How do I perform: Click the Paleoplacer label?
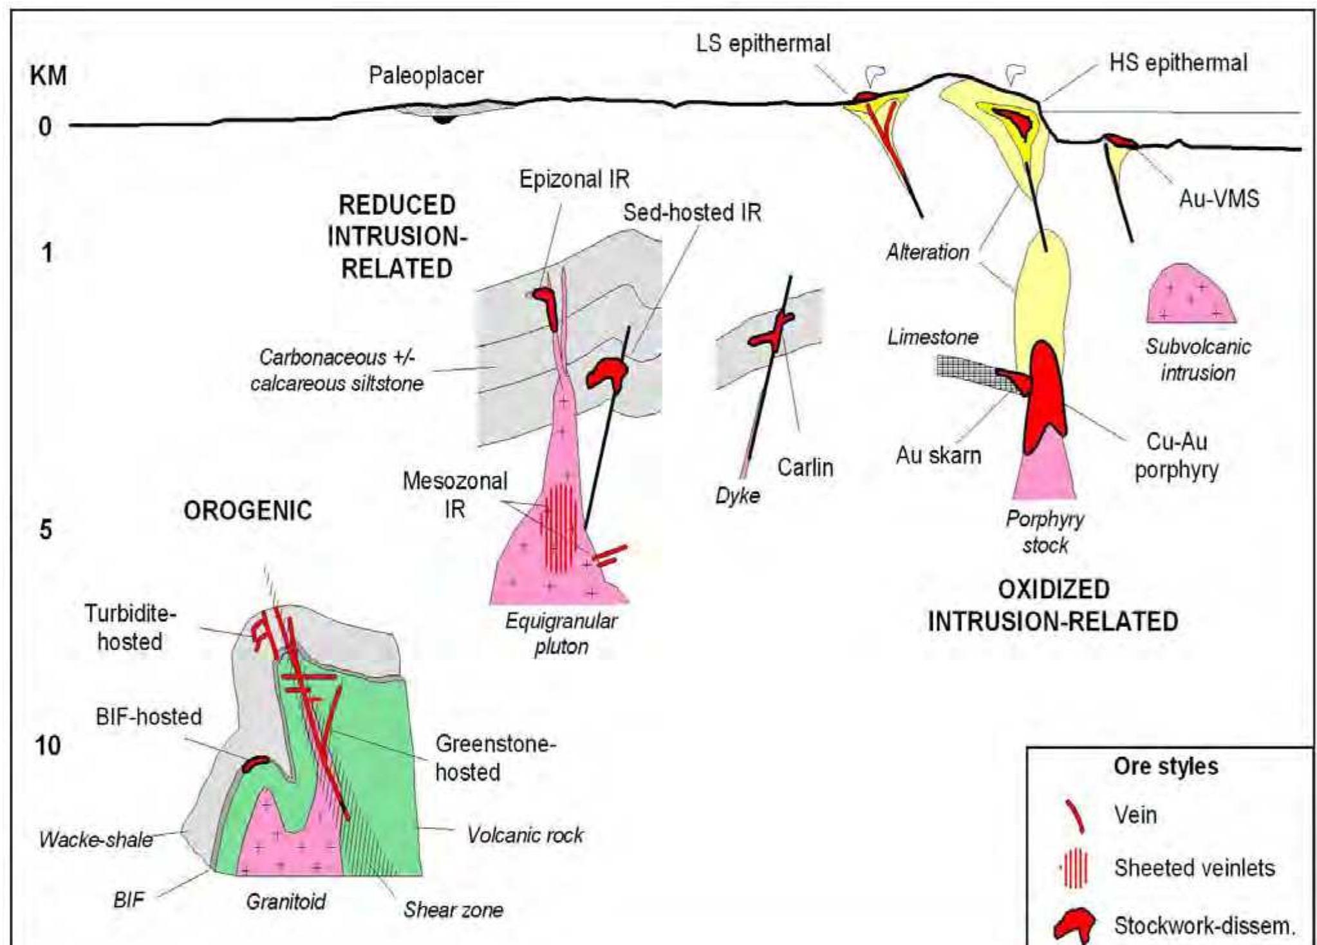coord(425,76)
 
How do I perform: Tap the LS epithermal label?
coord(763,44)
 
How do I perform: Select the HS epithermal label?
coord(1178,63)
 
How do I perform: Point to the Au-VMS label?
coord(1219,199)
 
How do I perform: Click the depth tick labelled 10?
coord(48,745)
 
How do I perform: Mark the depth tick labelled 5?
coord(45,530)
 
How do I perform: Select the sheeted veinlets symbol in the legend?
coord(1076,868)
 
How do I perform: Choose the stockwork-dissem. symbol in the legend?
coord(1074,926)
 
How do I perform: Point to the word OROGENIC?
coord(248,511)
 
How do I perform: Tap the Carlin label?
coord(805,467)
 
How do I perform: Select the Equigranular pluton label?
coord(561,633)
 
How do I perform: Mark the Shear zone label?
coord(453,910)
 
